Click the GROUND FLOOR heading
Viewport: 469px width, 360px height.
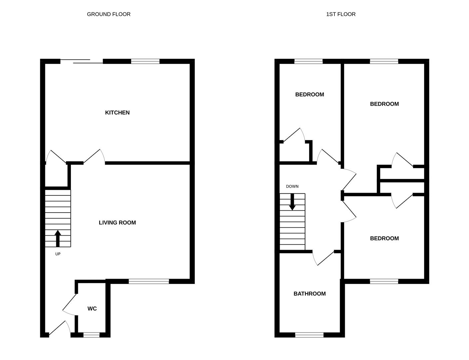coord(109,14)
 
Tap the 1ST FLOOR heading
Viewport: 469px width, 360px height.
coord(341,14)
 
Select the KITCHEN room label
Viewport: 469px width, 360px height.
coord(117,113)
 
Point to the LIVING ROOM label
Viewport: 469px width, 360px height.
coord(117,222)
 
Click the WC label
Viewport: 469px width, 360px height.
coord(92,309)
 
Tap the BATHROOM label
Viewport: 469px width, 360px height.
coord(309,293)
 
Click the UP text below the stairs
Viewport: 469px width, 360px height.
coord(58,254)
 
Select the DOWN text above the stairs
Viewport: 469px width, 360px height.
coord(292,186)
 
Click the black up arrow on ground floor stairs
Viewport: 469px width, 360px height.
coord(58,238)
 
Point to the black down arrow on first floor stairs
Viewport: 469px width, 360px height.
coord(292,202)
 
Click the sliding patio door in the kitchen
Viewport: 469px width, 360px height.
coord(82,61)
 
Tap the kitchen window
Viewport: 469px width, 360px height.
coord(145,61)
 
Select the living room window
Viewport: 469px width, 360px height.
coord(149,281)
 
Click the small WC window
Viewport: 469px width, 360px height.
coord(91,335)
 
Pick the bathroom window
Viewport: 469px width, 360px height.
coord(309,335)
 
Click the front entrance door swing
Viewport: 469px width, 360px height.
coord(60,329)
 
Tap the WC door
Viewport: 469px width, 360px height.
coord(70,304)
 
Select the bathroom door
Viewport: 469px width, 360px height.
coord(323,258)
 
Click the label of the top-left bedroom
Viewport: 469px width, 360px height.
coord(309,94)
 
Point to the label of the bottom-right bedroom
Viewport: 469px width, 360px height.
coord(384,238)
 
